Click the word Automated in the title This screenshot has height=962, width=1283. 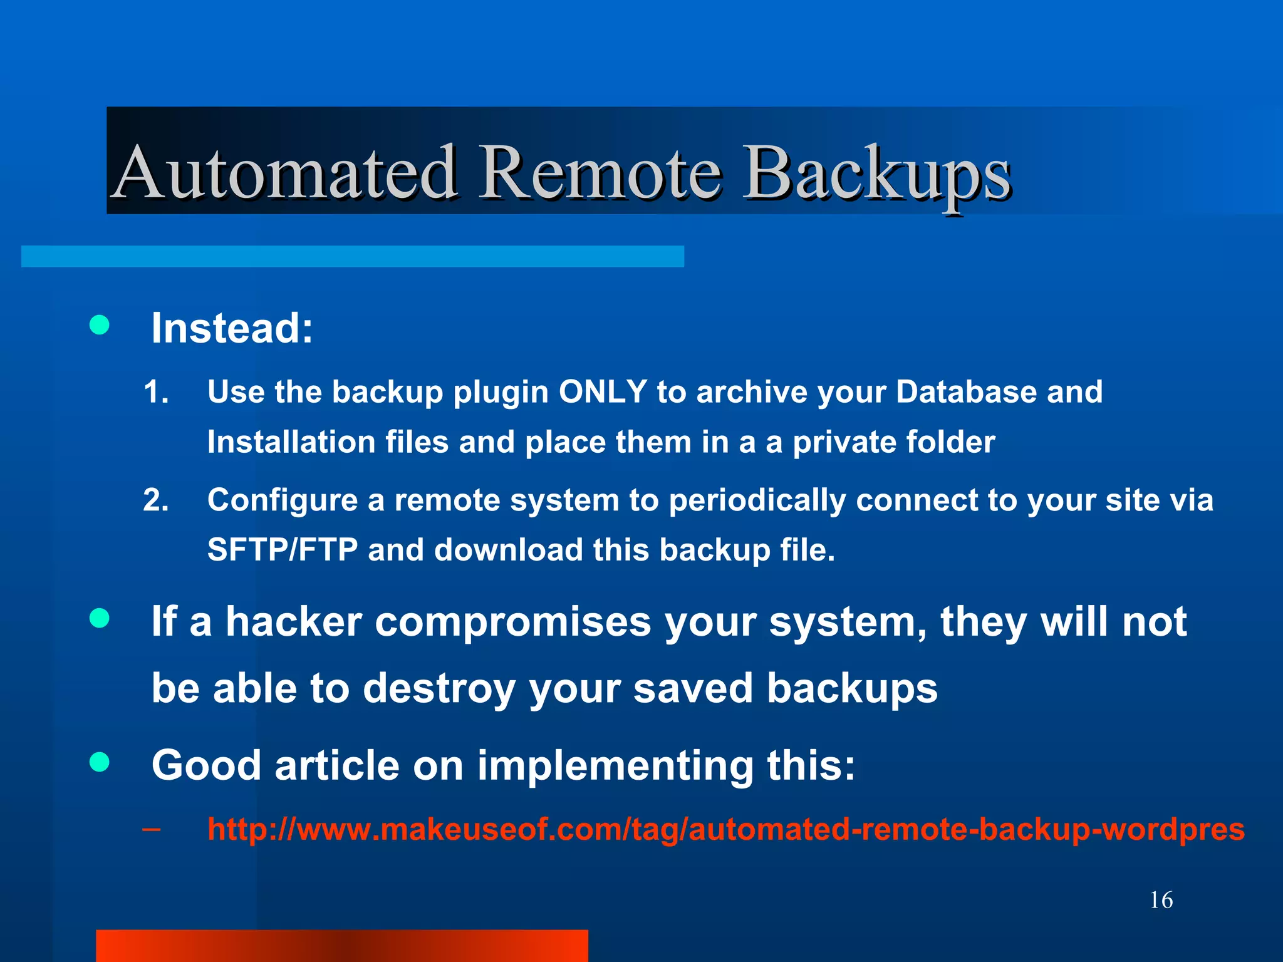pyautogui.click(x=286, y=172)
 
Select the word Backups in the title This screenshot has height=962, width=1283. pyautogui.click(x=877, y=173)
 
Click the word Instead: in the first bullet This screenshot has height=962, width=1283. pyautogui.click(x=232, y=328)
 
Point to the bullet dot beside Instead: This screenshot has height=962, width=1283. pyautogui.click(x=100, y=325)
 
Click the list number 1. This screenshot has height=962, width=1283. pyautogui.click(x=156, y=393)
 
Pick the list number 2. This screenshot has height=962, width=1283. pyautogui.click(x=156, y=500)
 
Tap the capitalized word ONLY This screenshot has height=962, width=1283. pyautogui.click(x=603, y=392)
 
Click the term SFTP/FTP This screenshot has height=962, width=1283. pyautogui.click(x=283, y=550)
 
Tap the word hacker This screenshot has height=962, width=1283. pyautogui.click(x=294, y=622)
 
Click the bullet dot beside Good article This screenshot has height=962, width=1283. pyautogui.click(x=100, y=762)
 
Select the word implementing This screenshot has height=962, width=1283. pyautogui.click(x=615, y=766)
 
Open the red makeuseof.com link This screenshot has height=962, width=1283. pyautogui.click(x=725, y=829)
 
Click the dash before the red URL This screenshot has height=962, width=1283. pyautogui.click(x=151, y=830)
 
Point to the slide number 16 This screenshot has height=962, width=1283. pyautogui.click(x=1161, y=901)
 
